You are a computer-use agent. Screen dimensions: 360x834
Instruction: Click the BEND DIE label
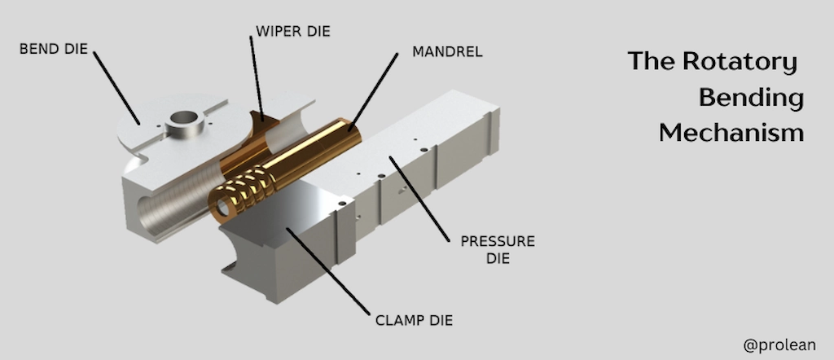[54, 50]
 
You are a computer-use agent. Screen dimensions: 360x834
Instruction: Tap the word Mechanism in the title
[731, 132]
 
